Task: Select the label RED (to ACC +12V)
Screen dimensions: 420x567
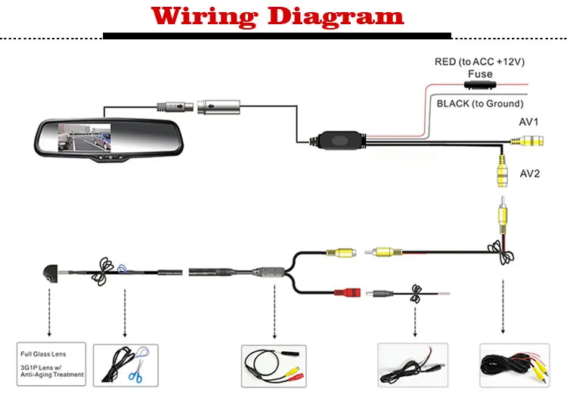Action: click(480, 61)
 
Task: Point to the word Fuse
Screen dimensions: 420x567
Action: click(480, 74)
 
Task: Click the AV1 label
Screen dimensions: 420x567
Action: click(528, 122)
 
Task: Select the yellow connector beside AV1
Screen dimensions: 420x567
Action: click(528, 141)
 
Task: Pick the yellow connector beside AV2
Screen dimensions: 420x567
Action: click(500, 171)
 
